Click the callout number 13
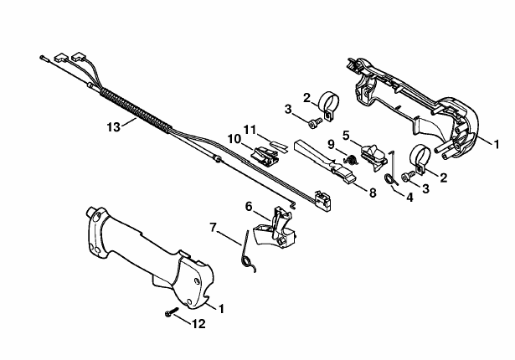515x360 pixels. (x=114, y=126)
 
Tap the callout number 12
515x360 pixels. (x=198, y=324)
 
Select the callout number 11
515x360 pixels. (x=250, y=130)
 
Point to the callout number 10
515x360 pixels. (x=234, y=139)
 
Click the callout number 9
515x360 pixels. (x=331, y=144)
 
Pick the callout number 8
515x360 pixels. (x=373, y=193)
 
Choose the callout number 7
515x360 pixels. (x=214, y=227)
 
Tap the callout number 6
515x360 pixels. (x=249, y=207)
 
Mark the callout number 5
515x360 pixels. (x=346, y=136)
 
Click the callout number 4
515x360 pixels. (x=409, y=198)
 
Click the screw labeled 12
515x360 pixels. (x=172, y=312)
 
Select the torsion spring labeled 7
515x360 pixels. (x=247, y=251)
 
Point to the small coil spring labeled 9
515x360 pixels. (x=350, y=160)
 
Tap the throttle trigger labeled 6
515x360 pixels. (x=275, y=227)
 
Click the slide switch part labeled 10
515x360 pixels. (x=265, y=155)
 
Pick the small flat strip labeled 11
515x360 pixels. (x=279, y=146)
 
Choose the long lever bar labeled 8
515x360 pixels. (x=325, y=160)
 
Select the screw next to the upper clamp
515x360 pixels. (x=314, y=122)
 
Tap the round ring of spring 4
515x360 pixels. (x=389, y=179)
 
